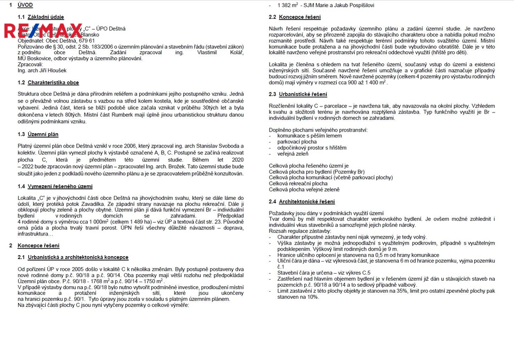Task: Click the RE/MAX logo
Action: pyautogui.click(x=43, y=31)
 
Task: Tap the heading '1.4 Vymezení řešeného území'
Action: pyautogui.click(x=55, y=186)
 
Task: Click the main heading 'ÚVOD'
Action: pyautogui.click(x=25, y=5)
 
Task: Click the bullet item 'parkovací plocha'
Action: pyautogui.click(x=297, y=142)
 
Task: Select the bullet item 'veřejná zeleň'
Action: pyautogui.click(x=293, y=154)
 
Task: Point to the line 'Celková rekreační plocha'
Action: pyautogui.click(x=298, y=184)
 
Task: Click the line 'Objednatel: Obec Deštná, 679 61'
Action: pyautogui.click(x=56, y=41)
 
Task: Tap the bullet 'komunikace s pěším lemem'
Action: pyautogui.click(x=309, y=136)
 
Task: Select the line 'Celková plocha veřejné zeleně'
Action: pyautogui.click(x=304, y=190)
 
